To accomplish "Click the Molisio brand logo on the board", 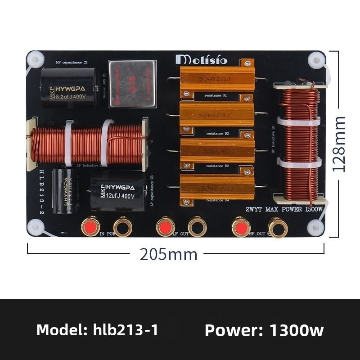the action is pos(202,59).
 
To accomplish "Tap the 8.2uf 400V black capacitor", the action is pos(68,88).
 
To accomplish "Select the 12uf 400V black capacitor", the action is pos(118,190).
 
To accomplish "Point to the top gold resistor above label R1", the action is pos(217,79).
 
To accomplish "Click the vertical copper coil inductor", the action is pos(299,142).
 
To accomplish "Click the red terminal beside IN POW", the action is pos(90,226).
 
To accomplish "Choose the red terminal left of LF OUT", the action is pos(165,226).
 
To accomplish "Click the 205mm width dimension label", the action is pos(168,254).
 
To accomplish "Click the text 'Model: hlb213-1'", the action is pos(97,330).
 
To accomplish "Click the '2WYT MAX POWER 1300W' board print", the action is pos(284,209).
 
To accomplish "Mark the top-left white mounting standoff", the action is pos(35,59).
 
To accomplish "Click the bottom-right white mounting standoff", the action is pos(315,227).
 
